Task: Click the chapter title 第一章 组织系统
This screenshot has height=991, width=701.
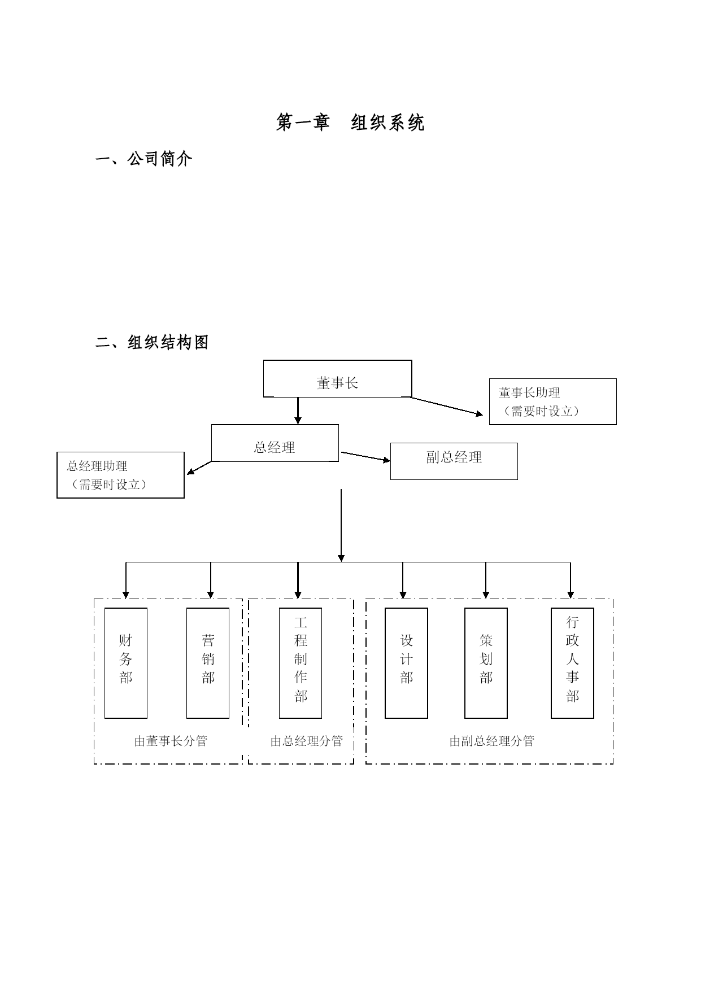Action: click(x=350, y=123)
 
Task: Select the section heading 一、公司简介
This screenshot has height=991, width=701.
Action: click(x=144, y=159)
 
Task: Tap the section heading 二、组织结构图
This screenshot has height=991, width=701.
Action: click(x=152, y=342)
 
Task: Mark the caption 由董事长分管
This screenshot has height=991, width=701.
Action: click(x=171, y=741)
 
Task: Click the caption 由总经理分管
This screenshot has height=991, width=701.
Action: click(x=306, y=741)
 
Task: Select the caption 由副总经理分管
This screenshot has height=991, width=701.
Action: click(x=491, y=741)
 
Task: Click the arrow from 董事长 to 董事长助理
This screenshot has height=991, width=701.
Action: click(x=447, y=407)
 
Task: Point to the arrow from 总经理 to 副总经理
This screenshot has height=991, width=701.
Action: click(x=366, y=457)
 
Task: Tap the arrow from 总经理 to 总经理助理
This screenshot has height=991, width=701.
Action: click(x=199, y=468)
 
